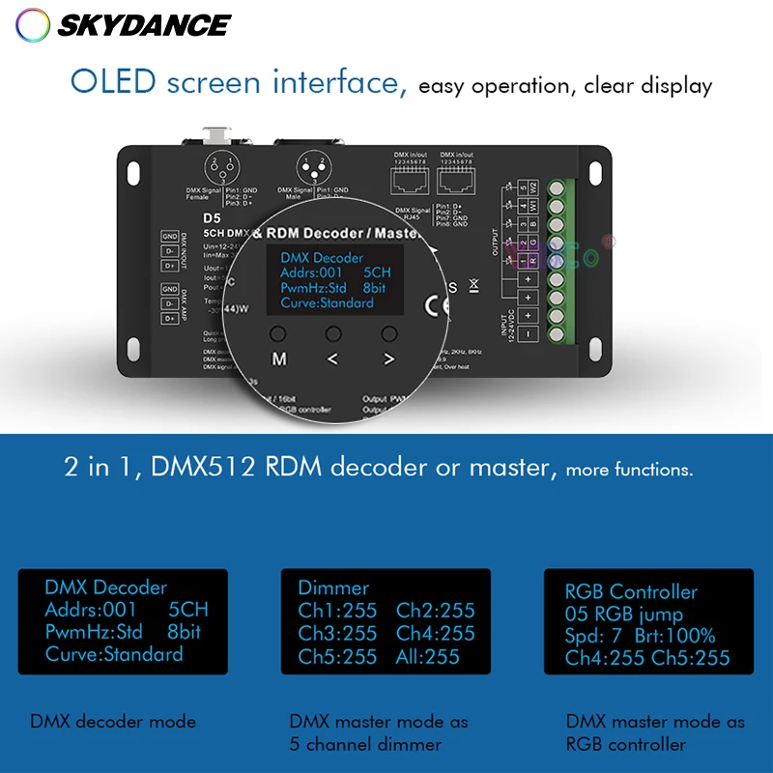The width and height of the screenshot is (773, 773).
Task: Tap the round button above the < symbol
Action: click(333, 333)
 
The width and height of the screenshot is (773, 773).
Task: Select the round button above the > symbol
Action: click(389, 333)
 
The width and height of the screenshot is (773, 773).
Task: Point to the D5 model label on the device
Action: click(212, 217)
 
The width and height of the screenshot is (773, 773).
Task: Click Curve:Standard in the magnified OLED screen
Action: click(327, 302)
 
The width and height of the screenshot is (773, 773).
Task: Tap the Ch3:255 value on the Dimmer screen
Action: click(337, 634)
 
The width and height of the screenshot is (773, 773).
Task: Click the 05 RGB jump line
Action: click(623, 615)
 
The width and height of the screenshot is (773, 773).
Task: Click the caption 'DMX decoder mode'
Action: click(113, 721)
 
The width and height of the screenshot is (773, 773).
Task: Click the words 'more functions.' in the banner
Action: click(629, 471)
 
